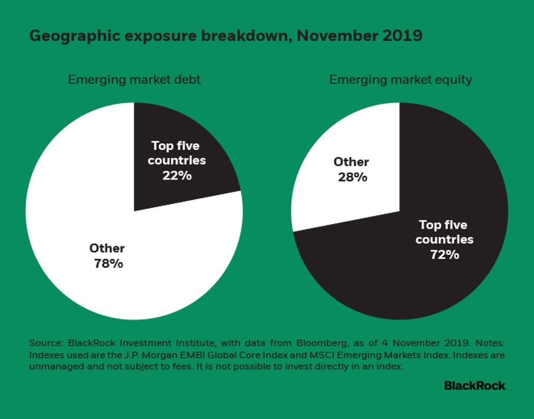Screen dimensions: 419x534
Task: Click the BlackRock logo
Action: pos(475,385)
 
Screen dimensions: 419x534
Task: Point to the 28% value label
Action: pos(352,177)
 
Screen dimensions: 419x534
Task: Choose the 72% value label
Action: pos(444,254)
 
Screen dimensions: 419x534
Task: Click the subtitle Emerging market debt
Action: pos(134,80)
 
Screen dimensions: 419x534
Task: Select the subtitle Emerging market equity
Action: pos(400,80)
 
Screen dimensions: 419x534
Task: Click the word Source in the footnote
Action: pos(44,343)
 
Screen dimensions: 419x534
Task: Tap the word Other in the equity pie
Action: pos(352,162)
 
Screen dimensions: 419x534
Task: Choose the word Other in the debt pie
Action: pos(107,248)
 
